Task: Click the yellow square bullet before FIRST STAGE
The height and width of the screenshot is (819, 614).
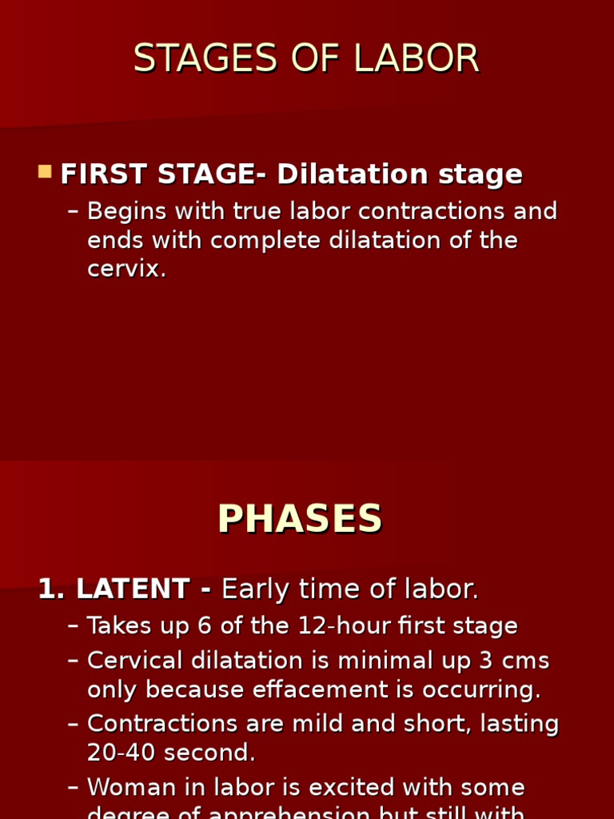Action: coord(45,172)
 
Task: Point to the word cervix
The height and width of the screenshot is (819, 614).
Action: coord(125,269)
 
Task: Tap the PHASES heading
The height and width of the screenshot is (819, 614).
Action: coord(300,520)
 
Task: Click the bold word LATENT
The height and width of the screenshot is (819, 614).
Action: coord(133,589)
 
